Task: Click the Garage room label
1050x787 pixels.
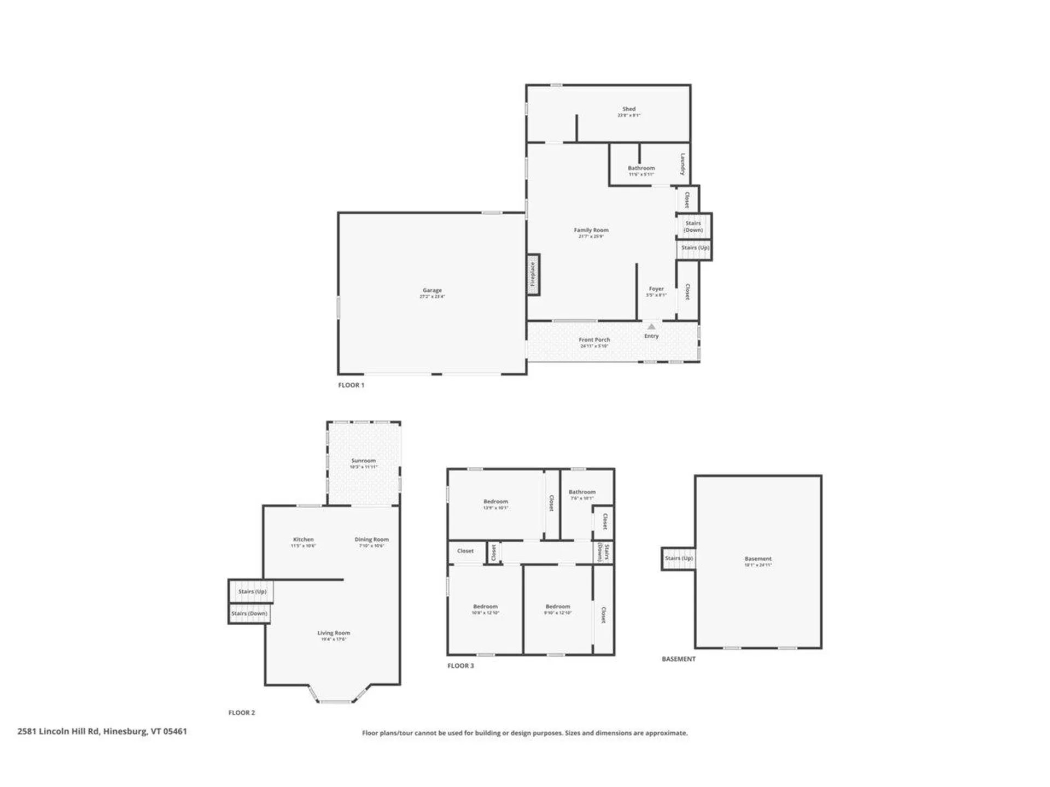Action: (432, 291)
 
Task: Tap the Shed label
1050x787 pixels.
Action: (629, 109)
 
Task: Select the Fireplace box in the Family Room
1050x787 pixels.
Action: (533, 275)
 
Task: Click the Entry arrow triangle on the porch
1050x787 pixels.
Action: (651, 326)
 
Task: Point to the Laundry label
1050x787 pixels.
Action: (683, 164)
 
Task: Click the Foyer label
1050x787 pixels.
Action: (656, 289)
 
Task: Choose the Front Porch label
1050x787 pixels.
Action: (594, 340)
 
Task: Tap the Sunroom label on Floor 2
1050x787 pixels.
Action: (364, 461)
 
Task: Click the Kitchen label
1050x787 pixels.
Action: (304, 539)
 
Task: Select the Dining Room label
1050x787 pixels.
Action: (372, 539)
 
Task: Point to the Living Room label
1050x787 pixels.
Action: (334, 633)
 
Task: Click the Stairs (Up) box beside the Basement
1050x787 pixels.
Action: (679, 559)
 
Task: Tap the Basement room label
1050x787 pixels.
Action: (758, 559)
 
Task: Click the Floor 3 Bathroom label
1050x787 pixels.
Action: (582, 492)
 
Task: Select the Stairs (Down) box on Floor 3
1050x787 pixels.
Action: (604, 552)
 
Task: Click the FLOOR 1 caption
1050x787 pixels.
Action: (351, 385)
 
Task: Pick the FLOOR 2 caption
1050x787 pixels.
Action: (242, 713)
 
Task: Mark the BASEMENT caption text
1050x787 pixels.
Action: (679, 659)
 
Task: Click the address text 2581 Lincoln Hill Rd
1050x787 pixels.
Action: (102, 731)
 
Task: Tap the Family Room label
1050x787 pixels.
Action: (591, 230)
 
